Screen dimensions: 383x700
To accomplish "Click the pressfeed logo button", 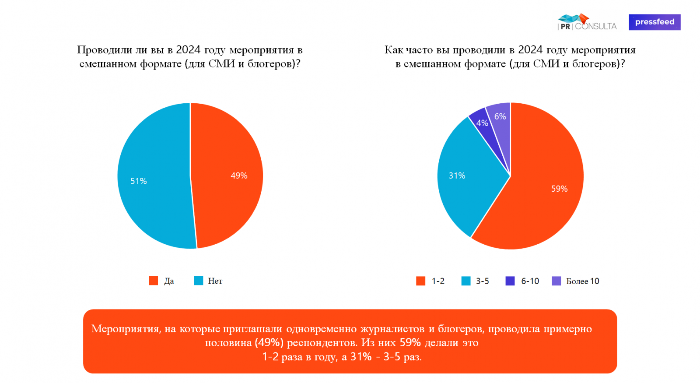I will point(654,22).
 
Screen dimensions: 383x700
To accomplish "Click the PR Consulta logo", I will point(587,22).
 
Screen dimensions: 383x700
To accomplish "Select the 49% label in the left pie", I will point(239,176).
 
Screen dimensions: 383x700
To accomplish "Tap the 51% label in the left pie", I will point(138,181).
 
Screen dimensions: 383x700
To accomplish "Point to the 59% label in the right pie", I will point(559,189).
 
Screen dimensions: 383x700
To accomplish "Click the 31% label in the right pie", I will point(457,176).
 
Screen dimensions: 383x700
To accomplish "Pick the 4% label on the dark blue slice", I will point(482,123).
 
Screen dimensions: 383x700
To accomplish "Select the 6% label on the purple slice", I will point(500,116).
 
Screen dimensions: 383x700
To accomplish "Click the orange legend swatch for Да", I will point(153,281).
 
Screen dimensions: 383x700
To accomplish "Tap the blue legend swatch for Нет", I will point(199,281).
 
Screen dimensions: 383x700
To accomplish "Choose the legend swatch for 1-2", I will point(420,281).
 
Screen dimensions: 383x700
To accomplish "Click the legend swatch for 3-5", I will point(465,281).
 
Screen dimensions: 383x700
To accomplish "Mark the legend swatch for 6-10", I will point(510,281).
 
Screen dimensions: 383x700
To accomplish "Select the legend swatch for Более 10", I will point(556,281).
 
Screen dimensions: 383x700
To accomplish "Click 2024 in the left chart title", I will point(188,50).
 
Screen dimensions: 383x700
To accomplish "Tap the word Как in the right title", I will point(394,50).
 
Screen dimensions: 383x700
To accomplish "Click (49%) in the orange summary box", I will point(269,343).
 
